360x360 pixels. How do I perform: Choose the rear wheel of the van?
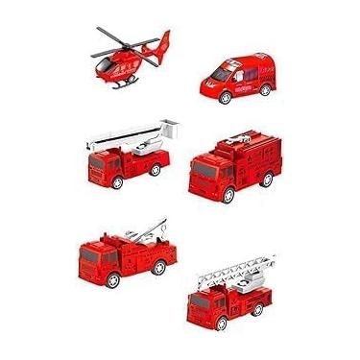tap(259, 92)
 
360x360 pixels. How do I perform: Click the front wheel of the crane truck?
tap(113, 279)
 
